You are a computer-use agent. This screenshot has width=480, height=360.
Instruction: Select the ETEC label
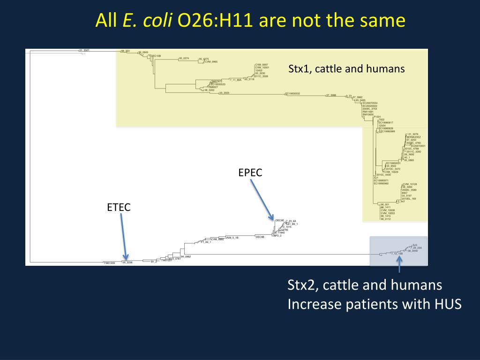[119, 207]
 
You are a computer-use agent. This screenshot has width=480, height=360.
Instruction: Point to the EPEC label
[250, 172]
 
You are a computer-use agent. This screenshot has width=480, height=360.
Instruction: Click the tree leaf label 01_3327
[84, 50]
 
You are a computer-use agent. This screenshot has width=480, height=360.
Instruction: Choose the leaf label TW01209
[109, 263]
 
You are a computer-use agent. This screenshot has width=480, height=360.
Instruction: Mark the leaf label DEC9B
[260, 237]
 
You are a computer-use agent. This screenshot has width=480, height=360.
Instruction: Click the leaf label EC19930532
[293, 94]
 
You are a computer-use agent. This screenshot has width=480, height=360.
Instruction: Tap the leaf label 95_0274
[184, 58]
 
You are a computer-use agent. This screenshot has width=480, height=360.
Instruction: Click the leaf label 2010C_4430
[383, 174]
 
